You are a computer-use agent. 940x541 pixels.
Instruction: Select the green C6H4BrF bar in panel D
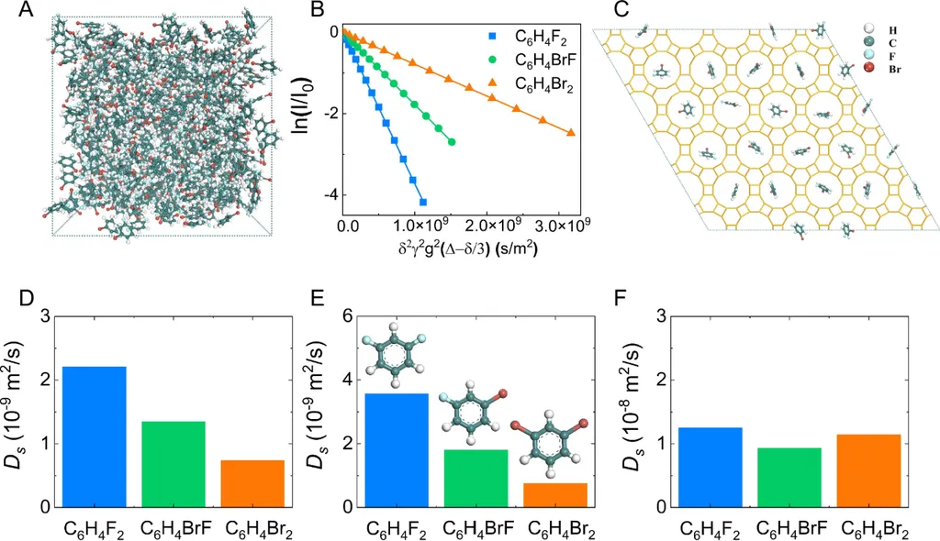coord(173,464)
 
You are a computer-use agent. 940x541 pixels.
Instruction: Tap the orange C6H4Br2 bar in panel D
coord(252,483)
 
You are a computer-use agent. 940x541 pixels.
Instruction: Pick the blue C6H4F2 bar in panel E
coord(397,449)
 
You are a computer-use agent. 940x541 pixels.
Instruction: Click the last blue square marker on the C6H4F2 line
coord(423,202)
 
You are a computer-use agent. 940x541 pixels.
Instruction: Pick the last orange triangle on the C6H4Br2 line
coord(571,132)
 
